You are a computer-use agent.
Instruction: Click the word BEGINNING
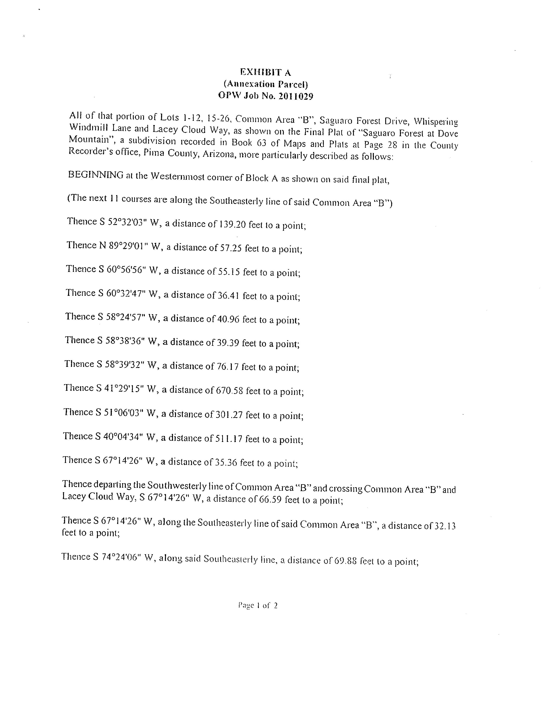(96, 175)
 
